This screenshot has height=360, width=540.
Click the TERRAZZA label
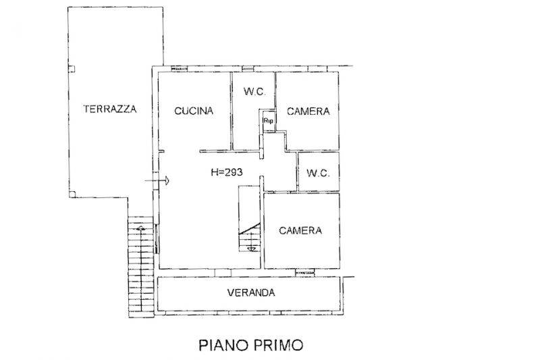[110, 109]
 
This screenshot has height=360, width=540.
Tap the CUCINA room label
[194, 111]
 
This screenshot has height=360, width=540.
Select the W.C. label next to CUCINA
[254, 91]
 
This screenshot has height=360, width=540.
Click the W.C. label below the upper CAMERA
[318, 173]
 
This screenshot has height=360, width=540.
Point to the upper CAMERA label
[308, 111]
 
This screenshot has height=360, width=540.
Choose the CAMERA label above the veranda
[300, 230]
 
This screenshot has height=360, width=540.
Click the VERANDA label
[251, 292]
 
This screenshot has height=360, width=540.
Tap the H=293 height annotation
[227, 172]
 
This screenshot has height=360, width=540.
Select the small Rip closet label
[268, 121]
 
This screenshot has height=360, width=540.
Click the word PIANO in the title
[224, 344]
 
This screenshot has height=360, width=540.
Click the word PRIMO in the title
[279, 344]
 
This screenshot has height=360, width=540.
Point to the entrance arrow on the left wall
[157, 180]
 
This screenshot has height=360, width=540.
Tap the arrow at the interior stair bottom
[252, 248]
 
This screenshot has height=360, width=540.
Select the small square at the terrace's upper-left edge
[72, 69]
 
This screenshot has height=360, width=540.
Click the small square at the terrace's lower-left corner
[72, 195]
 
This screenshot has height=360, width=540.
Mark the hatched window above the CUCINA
[179, 69]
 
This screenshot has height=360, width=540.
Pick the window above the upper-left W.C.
[248, 69]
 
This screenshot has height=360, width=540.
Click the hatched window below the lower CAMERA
[305, 273]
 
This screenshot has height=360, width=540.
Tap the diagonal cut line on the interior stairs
[249, 229]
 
